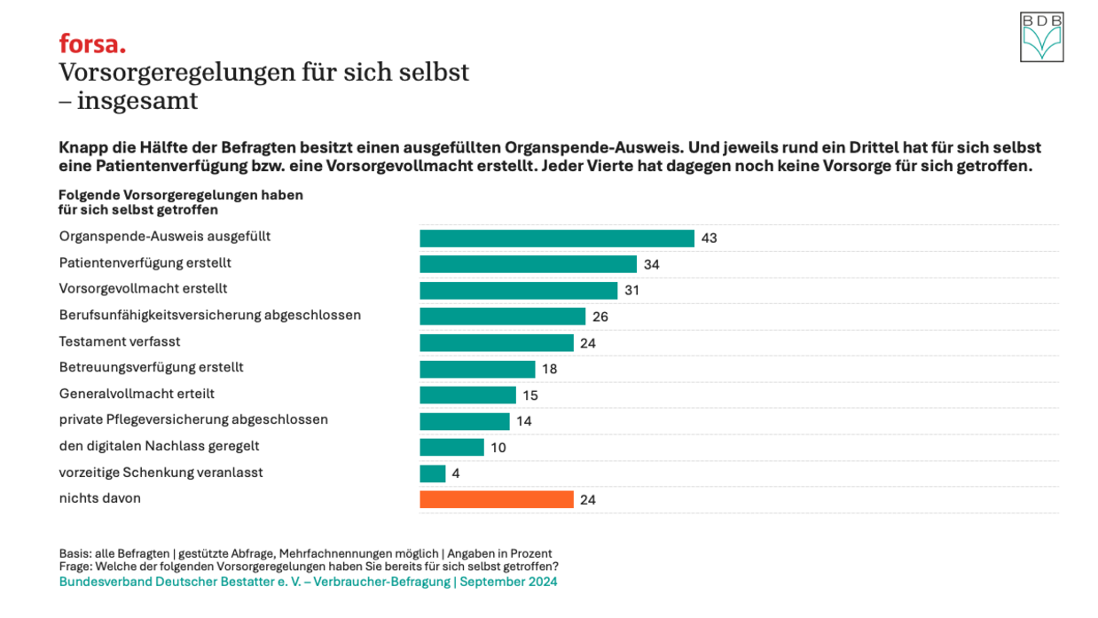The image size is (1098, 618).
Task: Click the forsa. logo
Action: click(x=92, y=43)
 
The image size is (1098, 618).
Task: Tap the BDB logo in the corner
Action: click(x=1041, y=37)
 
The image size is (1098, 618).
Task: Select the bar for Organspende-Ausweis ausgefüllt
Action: click(x=556, y=238)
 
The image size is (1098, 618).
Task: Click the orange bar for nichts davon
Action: click(x=496, y=499)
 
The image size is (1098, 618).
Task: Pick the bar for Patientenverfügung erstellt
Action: click(x=528, y=264)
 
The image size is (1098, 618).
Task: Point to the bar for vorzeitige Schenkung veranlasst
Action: click(x=432, y=473)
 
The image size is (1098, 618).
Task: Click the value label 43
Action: click(x=709, y=238)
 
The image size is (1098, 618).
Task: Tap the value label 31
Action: click(x=631, y=290)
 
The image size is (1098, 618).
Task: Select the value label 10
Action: click(x=498, y=448)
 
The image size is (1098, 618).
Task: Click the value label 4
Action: click(x=456, y=473)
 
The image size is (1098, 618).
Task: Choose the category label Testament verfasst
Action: click(x=120, y=341)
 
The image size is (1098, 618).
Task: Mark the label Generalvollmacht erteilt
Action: click(x=137, y=394)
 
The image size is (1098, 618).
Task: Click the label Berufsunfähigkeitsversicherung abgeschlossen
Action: click(x=209, y=315)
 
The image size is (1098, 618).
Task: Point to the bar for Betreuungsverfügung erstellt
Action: click(x=477, y=369)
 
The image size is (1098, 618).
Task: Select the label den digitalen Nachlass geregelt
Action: click(x=159, y=446)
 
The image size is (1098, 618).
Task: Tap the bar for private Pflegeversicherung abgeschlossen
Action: click(x=464, y=421)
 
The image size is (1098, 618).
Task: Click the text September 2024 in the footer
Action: click(x=508, y=582)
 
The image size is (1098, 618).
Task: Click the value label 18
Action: click(x=549, y=369)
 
